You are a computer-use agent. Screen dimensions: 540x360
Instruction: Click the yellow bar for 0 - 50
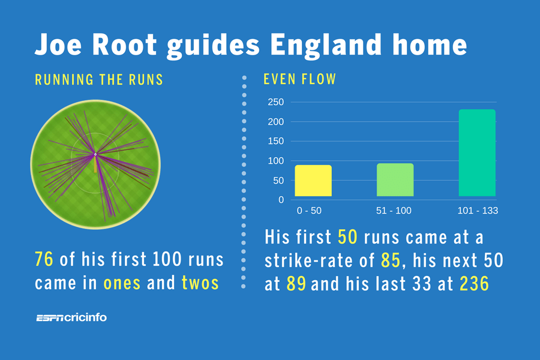point(313,181)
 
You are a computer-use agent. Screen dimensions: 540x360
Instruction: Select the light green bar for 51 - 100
point(395,180)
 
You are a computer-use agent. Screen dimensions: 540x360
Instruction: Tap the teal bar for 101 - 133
point(477,153)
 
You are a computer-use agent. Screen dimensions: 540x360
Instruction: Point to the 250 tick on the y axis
point(276,102)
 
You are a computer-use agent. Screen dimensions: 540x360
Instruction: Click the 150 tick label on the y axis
point(276,141)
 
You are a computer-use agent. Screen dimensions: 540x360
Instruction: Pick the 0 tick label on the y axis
point(281,200)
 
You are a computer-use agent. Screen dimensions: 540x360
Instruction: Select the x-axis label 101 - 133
point(478,211)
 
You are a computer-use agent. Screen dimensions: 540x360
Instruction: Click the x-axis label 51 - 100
point(394,211)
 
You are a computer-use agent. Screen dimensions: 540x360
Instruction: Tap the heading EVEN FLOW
point(299,79)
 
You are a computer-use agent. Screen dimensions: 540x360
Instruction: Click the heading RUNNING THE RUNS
point(99,80)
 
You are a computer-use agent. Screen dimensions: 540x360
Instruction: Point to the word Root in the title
point(125,44)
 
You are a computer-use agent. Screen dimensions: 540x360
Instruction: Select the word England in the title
point(326,46)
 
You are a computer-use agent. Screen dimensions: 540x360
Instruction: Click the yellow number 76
point(44,259)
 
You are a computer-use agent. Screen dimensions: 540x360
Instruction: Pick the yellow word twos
point(200,283)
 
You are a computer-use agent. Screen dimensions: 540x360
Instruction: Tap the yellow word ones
point(122,284)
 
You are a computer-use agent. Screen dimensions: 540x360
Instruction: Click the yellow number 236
point(474,284)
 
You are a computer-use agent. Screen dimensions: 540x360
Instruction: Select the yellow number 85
point(391,260)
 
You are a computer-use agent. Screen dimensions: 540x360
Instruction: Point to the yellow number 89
point(296,284)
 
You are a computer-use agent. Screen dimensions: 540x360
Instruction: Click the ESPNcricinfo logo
point(71,317)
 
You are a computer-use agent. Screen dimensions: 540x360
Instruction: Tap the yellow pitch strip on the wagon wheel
point(95,164)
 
